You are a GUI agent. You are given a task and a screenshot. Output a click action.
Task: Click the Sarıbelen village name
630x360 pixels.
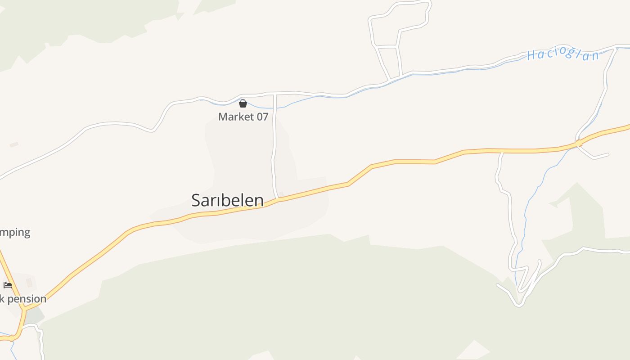coord(227,200)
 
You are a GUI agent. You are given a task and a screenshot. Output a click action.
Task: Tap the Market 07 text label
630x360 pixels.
coord(243,117)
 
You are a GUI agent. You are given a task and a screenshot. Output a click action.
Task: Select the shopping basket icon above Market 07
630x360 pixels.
coord(243,103)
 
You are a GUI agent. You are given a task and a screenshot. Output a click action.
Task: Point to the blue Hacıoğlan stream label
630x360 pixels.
coord(563,55)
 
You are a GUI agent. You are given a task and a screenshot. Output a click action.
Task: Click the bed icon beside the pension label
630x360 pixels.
coord(8,285)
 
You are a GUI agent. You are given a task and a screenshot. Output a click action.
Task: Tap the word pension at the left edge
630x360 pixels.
coord(27,299)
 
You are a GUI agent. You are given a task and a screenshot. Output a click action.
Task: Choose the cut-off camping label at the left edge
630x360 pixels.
coord(15,233)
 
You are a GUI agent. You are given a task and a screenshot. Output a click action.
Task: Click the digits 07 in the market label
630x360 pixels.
coord(262,117)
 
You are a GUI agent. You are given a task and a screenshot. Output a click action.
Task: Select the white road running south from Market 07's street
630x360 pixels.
coord(274,148)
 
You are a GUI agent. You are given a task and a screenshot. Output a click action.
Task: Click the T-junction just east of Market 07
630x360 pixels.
coord(274,94)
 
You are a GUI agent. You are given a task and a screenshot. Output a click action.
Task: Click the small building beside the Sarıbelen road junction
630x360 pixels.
coord(281,194)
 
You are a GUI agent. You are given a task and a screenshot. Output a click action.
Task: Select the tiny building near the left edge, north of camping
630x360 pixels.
coord(14,145)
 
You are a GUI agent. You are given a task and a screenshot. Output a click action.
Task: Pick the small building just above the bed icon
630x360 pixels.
coord(29,282)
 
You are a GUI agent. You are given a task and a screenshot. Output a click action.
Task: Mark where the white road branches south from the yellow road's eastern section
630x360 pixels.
coord(502,152)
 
